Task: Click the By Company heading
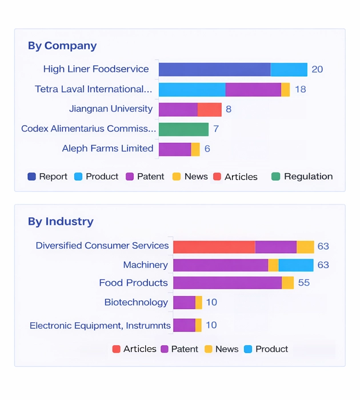(62, 46)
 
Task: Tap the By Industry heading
(61, 221)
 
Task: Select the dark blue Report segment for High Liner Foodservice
(214, 70)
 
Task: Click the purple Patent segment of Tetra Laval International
(253, 90)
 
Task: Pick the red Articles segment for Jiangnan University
(209, 109)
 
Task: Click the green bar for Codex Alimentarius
(183, 129)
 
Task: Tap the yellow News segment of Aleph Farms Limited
(195, 149)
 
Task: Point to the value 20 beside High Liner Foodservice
(317, 70)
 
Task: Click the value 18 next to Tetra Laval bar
(300, 90)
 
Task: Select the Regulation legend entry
(302, 177)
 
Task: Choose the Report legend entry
(47, 177)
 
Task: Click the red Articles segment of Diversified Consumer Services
(214, 247)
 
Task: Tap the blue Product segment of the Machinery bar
(296, 265)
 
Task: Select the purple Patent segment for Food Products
(227, 283)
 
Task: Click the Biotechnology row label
(136, 302)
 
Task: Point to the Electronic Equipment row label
(100, 326)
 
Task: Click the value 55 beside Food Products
(304, 283)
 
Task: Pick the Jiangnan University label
(111, 109)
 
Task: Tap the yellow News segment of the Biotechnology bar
(199, 302)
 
